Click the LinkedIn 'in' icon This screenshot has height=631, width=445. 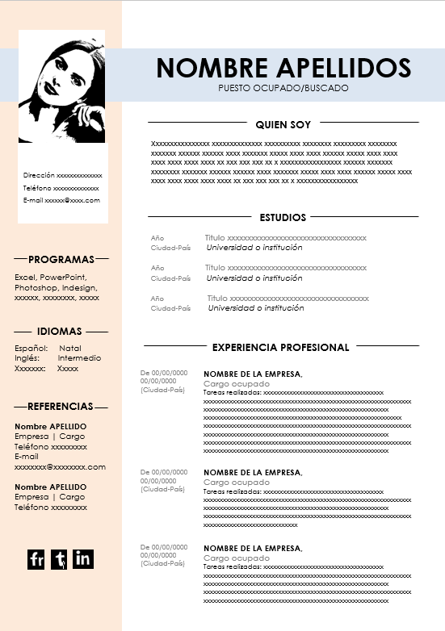click(83, 558)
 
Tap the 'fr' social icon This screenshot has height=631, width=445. click(36, 559)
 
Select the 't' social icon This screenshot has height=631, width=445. click(59, 559)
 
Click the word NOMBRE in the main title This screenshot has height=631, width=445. click(212, 68)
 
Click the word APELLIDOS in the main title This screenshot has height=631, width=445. click(344, 68)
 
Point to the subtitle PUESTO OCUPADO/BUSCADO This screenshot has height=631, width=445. click(283, 87)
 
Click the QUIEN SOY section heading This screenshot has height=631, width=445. click(283, 125)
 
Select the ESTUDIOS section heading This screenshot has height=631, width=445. click(283, 217)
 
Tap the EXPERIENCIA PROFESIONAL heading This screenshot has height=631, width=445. click(280, 348)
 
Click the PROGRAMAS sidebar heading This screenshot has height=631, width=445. click(61, 260)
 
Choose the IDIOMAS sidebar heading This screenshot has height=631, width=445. click(59, 332)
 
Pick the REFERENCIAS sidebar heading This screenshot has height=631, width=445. click(61, 407)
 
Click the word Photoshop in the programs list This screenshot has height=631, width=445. click(37, 287)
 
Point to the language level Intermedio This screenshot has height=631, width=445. click(79, 358)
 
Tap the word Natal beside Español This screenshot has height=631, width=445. click(70, 349)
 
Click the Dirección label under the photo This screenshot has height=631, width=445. click(39, 175)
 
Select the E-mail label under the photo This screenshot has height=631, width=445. click(33, 200)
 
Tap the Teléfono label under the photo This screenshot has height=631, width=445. click(37, 187)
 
